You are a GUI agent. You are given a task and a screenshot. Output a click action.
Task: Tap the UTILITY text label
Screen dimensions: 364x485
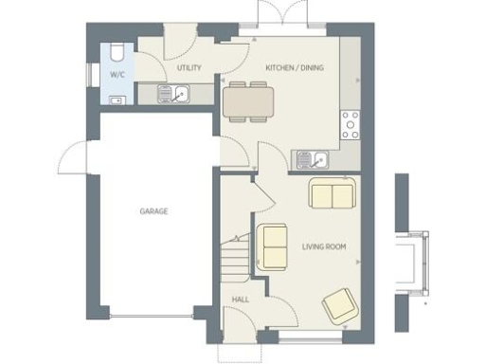click(x=189, y=69)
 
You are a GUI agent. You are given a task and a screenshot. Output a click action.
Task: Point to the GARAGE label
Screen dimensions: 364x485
click(x=153, y=211)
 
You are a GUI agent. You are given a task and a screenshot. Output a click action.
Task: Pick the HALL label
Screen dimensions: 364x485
click(x=240, y=301)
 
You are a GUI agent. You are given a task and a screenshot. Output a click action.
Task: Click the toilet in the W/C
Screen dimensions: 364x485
click(x=115, y=50)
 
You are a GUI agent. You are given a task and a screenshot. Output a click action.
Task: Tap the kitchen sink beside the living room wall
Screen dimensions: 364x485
click(x=312, y=158)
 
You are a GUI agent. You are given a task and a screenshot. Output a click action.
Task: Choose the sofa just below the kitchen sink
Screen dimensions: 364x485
click(x=332, y=195)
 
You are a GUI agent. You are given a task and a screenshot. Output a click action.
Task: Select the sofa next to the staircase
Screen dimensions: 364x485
click(x=274, y=246)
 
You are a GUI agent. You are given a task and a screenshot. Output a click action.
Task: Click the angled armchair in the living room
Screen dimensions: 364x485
click(x=340, y=305)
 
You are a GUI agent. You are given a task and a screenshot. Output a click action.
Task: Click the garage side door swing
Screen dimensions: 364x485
click(x=74, y=155)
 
